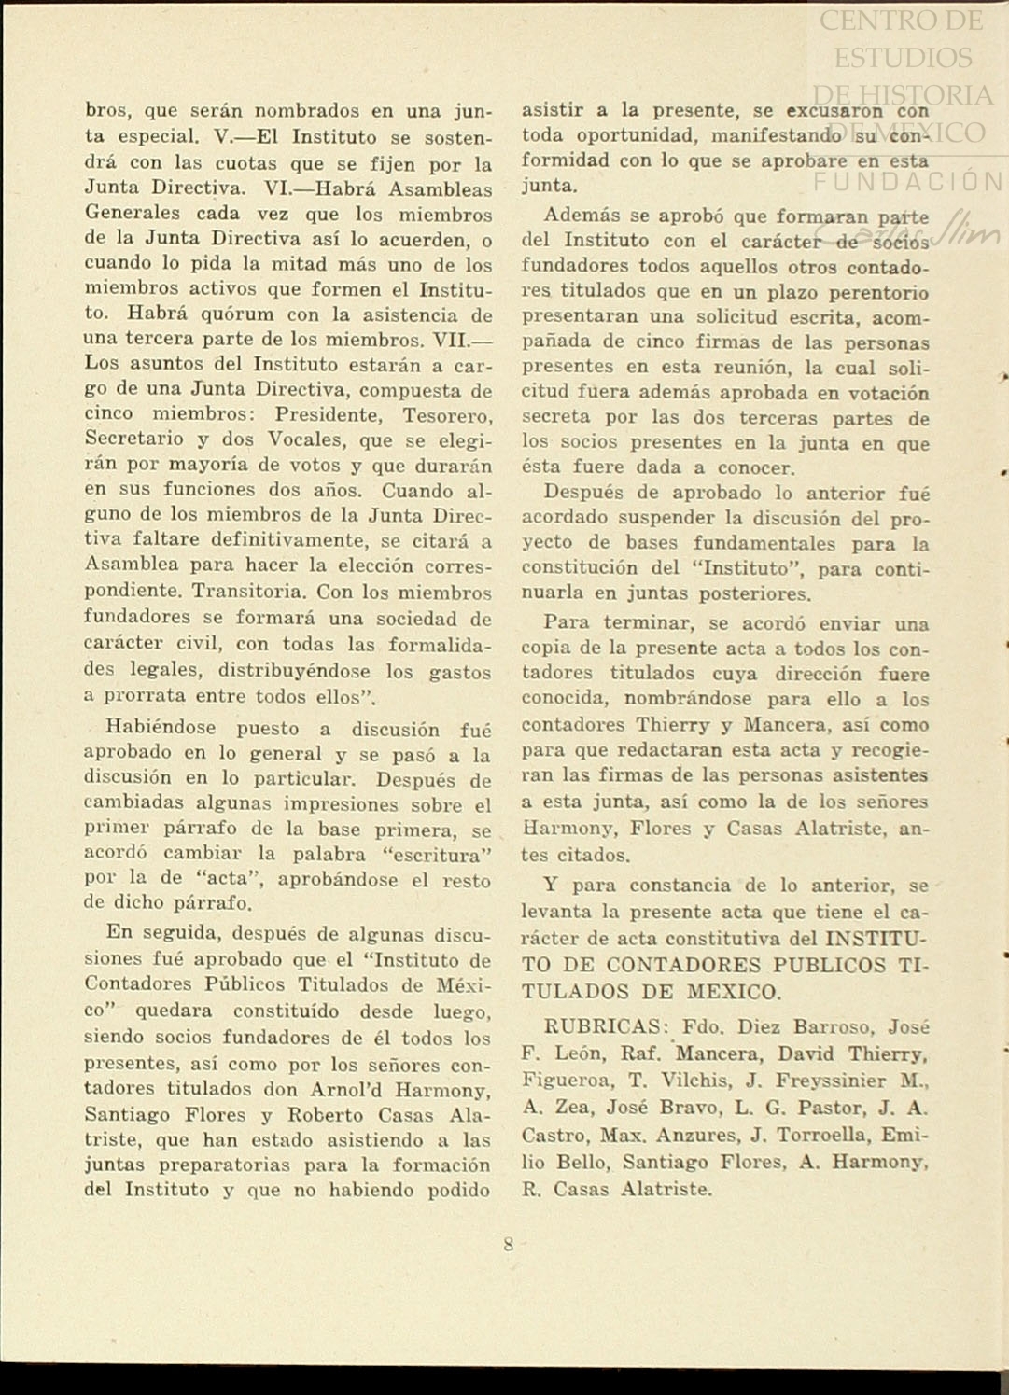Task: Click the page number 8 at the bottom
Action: coord(509,1244)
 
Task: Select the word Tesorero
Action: coord(447,415)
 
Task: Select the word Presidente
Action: coord(329,415)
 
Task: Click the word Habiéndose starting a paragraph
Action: coord(161,728)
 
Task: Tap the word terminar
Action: coord(648,623)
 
